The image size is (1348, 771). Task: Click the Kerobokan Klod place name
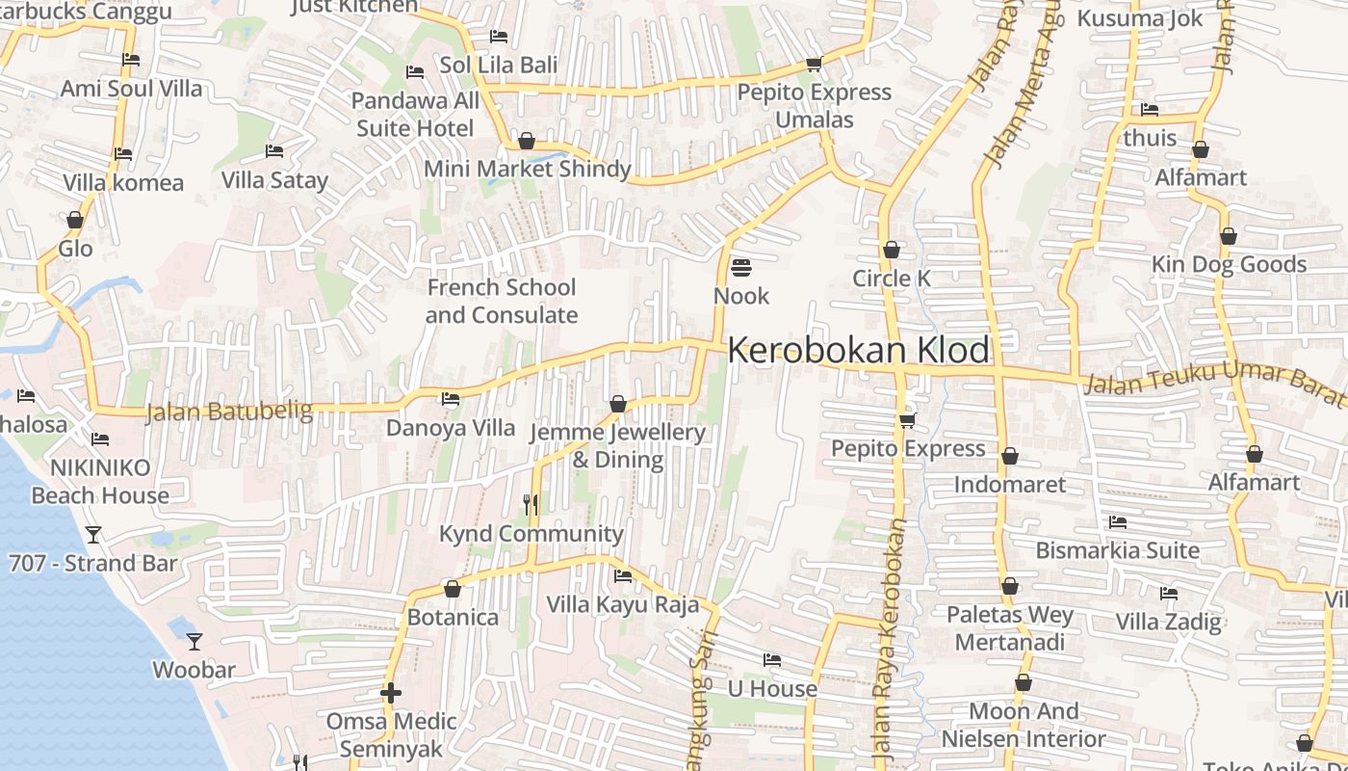click(x=858, y=350)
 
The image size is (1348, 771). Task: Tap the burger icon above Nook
click(x=740, y=267)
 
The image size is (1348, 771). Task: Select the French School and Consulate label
click(x=501, y=301)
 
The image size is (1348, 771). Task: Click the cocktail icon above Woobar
click(x=194, y=641)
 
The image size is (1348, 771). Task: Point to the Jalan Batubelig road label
click(x=229, y=412)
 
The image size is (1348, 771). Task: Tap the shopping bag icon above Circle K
click(x=892, y=251)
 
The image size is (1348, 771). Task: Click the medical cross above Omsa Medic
click(x=390, y=693)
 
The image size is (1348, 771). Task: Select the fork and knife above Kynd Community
click(x=530, y=505)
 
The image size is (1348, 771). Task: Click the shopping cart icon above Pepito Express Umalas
click(x=814, y=65)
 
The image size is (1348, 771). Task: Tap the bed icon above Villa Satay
click(x=274, y=151)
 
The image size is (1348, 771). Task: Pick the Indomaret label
click(x=1009, y=484)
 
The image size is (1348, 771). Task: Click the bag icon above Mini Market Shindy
click(x=527, y=142)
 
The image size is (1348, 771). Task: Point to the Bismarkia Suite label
click(x=1117, y=550)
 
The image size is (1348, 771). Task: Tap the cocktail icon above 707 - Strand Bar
click(x=93, y=535)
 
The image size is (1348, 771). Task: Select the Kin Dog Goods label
click(x=1229, y=264)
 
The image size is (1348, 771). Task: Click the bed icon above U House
click(x=771, y=660)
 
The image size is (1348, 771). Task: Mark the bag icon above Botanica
click(x=453, y=589)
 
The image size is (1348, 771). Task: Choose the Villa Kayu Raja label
click(x=622, y=604)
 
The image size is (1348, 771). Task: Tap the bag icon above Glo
click(x=75, y=221)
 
